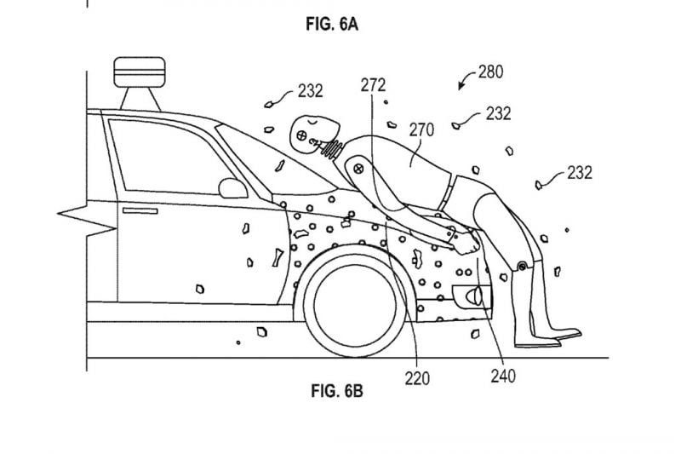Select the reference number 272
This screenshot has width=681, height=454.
click(x=373, y=85)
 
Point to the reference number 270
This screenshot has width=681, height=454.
click(x=421, y=129)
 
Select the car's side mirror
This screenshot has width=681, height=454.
click(x=231, y=187)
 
